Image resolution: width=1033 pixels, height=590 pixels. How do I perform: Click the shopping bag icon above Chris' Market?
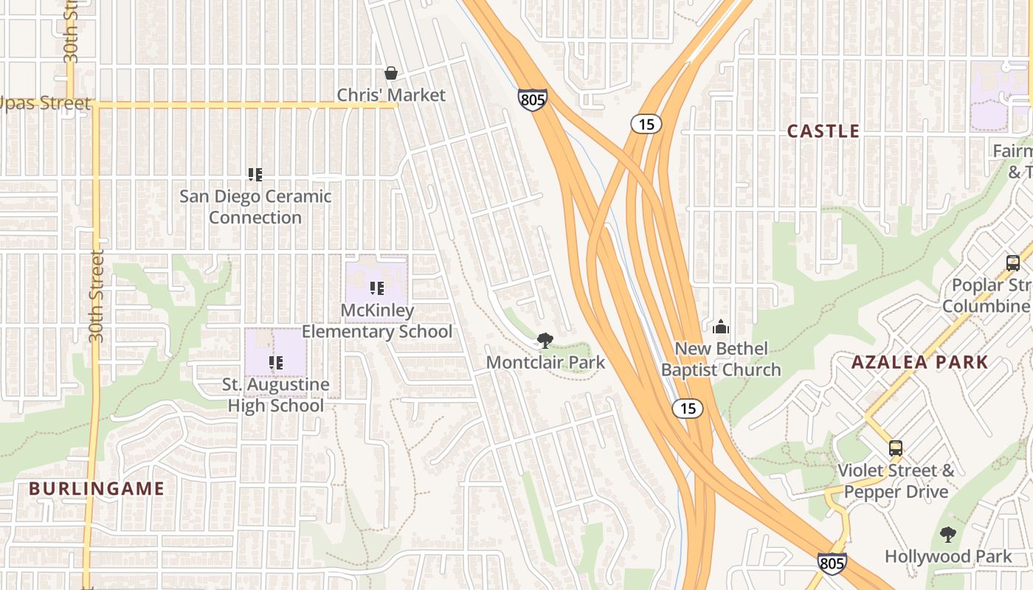pyautogui.click(x=391, y=73)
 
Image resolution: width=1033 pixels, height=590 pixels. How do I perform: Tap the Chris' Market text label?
pyautogui.click(x=391, y=95)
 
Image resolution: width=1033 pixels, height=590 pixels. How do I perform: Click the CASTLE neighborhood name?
pyautogui.click(x=823, y=131)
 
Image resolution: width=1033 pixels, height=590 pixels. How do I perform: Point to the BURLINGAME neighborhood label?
pyautogui.click(x=97, y=488)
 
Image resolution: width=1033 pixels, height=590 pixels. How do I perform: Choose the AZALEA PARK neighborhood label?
pyautogui.click(x=919, y=362)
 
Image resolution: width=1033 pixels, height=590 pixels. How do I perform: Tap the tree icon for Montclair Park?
pyautogui.click(x=545, y=340)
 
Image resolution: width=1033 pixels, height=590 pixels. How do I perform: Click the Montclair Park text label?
pyautogui.click(x=545, y=362)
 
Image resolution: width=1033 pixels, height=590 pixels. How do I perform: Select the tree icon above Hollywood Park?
pyautogui.click(x=948, y=535)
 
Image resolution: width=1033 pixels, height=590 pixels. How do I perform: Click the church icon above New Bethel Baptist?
pyautogui.click(x=721, y=326)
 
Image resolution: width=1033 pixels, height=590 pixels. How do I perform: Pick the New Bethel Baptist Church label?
pyautogui.click(x=721, y=359)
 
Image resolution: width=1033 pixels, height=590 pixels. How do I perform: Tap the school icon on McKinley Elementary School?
pyautogui.click(x=377, y=288)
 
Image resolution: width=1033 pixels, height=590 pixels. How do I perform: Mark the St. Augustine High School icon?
pyautogui.click(x=276, y=362)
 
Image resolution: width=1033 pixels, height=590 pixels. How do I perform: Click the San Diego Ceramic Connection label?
pyautogui.click(x=255, y=207)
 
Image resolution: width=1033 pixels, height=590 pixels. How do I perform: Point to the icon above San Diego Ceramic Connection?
pyautogui.click(x=255, y=175)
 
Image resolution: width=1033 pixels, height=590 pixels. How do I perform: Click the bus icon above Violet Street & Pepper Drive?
pyautogui.click(x=896, y=448)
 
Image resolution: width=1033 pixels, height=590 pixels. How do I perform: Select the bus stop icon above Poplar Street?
pyautogui.click(x=1013, y=263)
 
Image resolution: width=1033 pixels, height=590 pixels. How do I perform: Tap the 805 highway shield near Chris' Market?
pyautogui.click(x=532, y=100)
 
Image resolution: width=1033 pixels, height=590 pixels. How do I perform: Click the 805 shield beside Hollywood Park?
pyautogui.click(x=832, y=563)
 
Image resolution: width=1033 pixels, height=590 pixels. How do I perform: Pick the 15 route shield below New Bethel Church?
pyautogui.click(x=688, y=409)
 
